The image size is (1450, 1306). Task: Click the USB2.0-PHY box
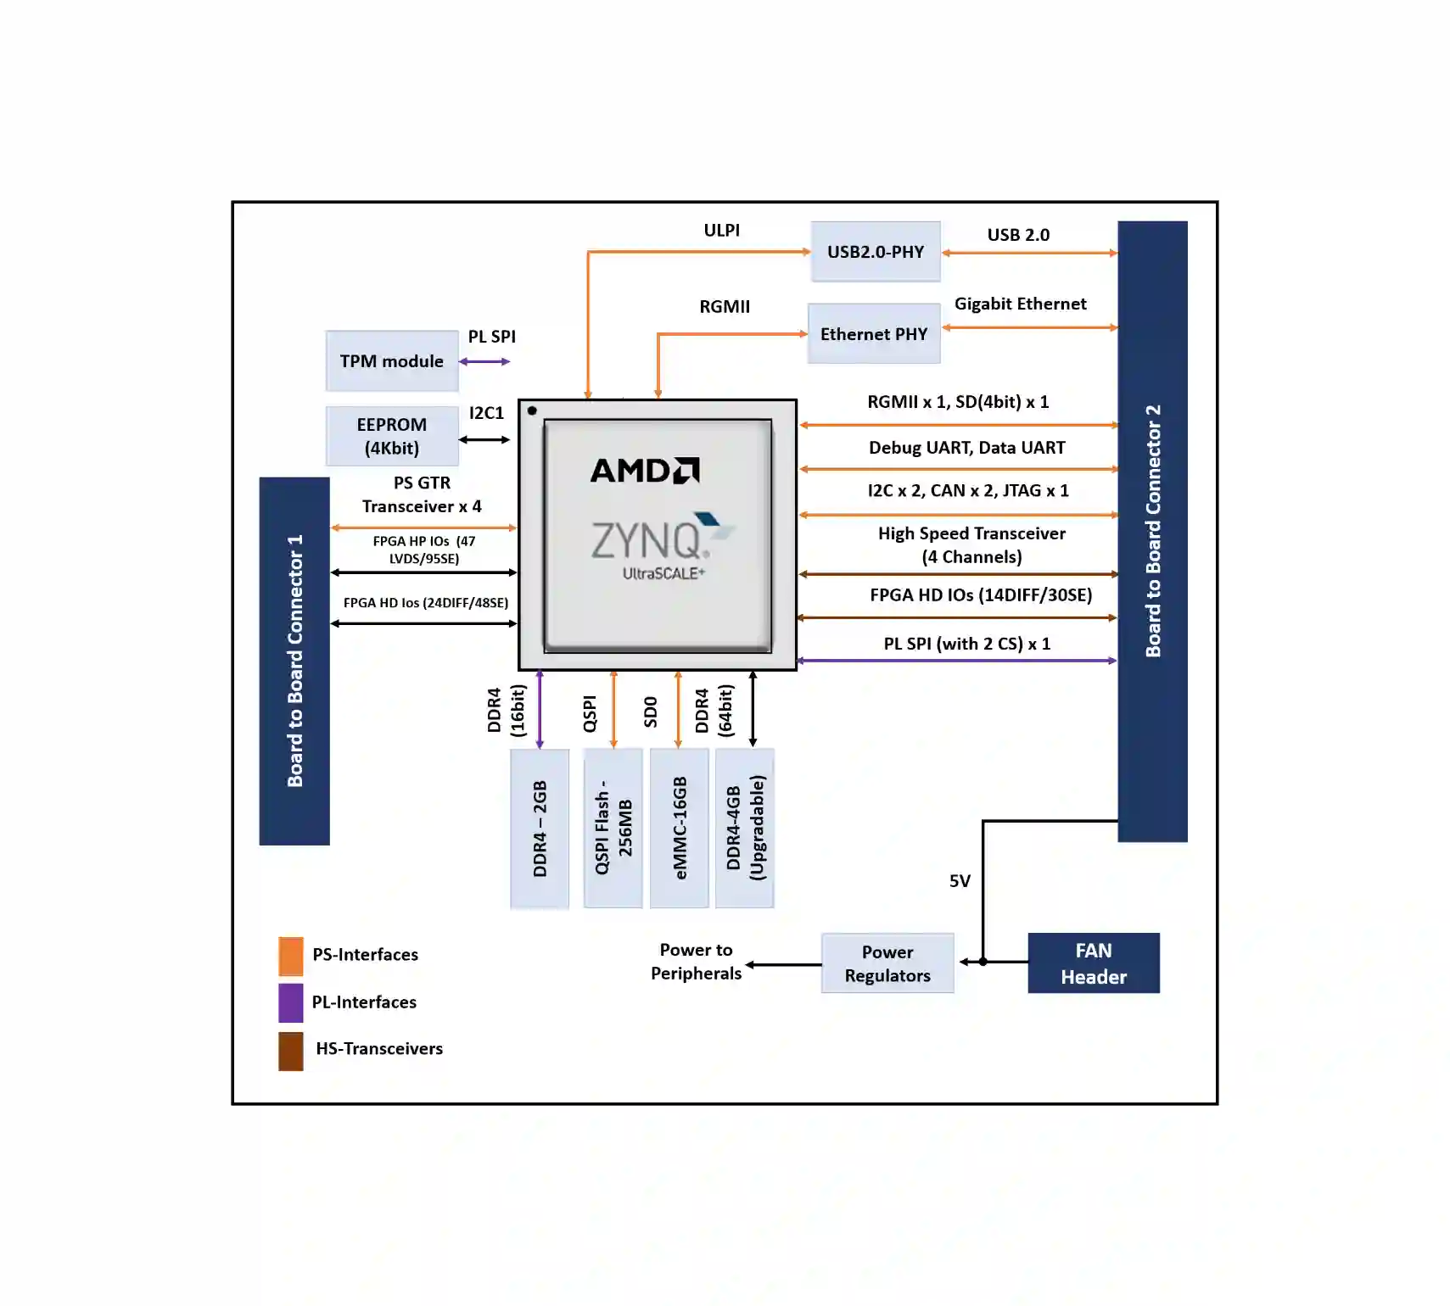click(x=875, y=251)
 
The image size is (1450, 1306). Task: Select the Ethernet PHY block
click(x=874, y=333)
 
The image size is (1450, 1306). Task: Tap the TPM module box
click(x=392, y=360)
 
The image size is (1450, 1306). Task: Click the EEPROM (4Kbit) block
click(x=392, y=436)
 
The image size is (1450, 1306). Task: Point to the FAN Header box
click(x=1094, y=963)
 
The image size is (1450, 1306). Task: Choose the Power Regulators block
click(x=887, y=963)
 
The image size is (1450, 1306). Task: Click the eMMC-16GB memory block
click(x=679, y=828)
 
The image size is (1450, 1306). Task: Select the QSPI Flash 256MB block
click(x=613, y=828)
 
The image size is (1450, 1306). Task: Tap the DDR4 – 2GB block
click(x=540, y=829)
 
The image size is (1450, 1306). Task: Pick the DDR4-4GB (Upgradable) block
click(x=745, y=828)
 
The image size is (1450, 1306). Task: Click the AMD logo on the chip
click(x=645, y=471)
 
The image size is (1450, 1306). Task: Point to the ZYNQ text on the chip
click(x=647, y=540)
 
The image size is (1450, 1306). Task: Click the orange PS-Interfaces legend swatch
click(x=291, y=956)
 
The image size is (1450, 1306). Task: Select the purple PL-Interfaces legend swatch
click(x=291, y=1002)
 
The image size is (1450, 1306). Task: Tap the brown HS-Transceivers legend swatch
click(x=291, y=1051)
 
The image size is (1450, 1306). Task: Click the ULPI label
click(x=722, y=230)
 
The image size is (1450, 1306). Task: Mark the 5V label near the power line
click(x=960, y=881)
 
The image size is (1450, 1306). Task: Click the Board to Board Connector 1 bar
click(x=294, y=661)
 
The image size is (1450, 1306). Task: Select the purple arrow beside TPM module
click(x=484, y=361)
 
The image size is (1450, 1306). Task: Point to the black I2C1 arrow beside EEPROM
click(x=484, y=439)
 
